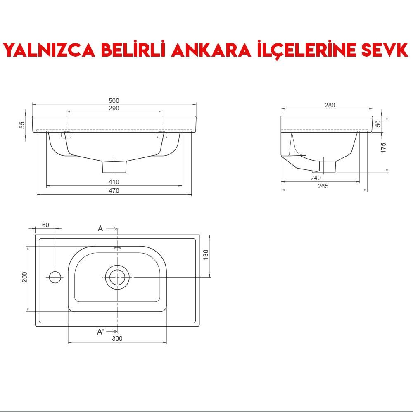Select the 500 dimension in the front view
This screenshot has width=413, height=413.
pos(114,101)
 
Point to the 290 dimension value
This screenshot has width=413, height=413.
pos(114,108)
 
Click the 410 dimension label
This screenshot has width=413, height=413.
pos(114,182)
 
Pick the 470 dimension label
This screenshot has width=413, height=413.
pos(114,191)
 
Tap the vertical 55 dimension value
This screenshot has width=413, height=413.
pos(22,125)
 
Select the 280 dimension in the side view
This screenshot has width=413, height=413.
pos(330,105)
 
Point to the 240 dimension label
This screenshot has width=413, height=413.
pos(316,178)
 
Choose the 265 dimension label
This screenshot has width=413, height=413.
pos(323,186)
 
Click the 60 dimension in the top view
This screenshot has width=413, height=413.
pos(45,225)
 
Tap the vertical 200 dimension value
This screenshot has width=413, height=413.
pos(25,277)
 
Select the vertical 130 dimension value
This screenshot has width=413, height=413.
pos(206,254)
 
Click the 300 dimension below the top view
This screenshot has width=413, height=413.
pos(117,339)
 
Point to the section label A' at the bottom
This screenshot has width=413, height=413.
pos(100,332)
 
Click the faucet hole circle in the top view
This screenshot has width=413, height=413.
pos(55,277)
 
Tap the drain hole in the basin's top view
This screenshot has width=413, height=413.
pos(117,277)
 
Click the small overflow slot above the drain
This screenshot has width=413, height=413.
pos(117,249)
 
